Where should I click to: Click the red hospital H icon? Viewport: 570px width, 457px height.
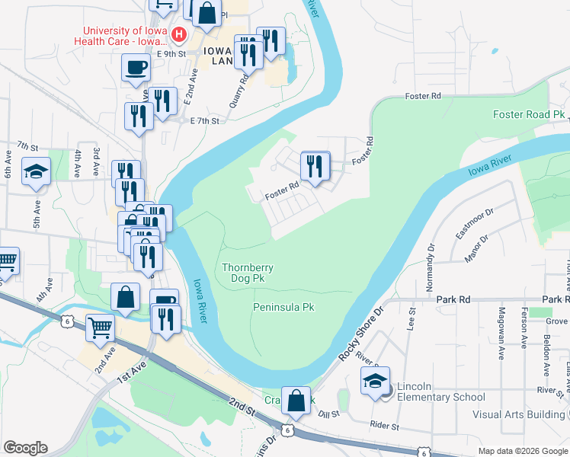[179, 34]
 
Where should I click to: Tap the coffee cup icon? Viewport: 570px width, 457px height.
[136, 68]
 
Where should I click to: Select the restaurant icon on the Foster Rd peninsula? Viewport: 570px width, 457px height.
[315, 166]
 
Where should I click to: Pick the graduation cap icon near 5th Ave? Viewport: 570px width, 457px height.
[36, 172]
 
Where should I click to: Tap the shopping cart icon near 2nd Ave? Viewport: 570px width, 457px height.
[100, 328]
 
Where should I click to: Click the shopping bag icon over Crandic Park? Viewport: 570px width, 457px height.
[299, 401]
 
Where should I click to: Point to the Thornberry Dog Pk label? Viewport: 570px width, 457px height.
[248, 273]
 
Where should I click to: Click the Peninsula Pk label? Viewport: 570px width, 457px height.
[283, 307]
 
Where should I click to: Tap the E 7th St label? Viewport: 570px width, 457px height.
[203, 120]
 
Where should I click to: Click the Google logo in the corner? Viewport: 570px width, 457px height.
[25, 448]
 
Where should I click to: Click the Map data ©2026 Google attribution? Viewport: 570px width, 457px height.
[523, 451]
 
